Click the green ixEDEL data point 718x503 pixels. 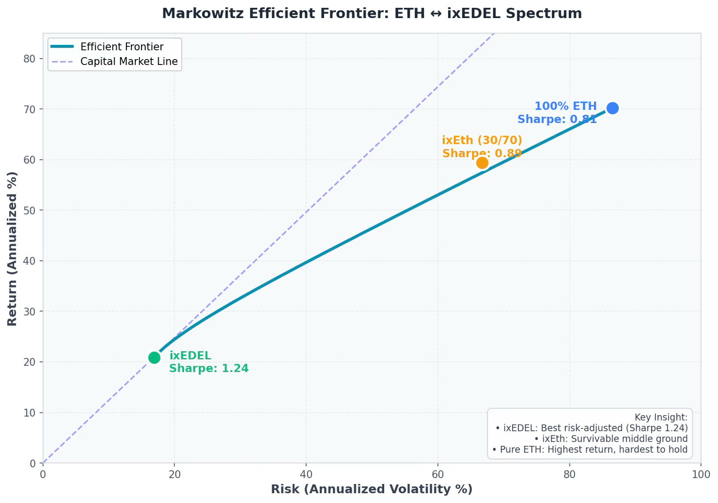tap(154, 357)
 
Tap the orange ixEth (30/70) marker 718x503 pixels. tap(482, 163)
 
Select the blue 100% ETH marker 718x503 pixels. tap(613, 108)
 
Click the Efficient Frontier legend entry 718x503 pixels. tap(122, 47)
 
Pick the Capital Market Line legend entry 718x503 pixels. tap(129, 62)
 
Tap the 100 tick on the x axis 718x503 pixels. tap(701, 474)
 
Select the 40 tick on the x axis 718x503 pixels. tap(306, 474)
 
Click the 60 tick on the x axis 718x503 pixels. tap(438, 474)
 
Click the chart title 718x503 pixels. tap(371, 13)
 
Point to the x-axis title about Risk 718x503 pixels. tap(371, 489)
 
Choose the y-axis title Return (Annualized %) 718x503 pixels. tap(13, 249)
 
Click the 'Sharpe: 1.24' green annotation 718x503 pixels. tap(209, 369)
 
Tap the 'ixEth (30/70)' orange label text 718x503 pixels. tap(482, 141)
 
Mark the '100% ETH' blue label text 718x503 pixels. tap(565, 106)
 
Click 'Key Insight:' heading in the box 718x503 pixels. tap(661, 417)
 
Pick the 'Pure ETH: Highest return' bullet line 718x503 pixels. tap(590, 449)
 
